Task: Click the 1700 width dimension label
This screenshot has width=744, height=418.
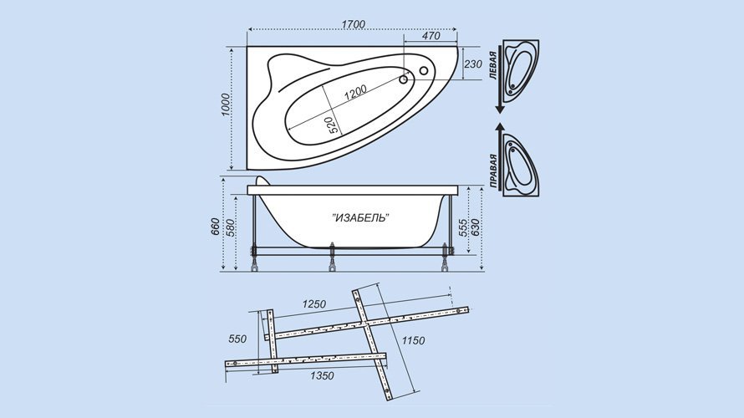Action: pyautogui.click(x=353, y=24)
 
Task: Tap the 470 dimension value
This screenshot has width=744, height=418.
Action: pyautogui.click(x=431, y=36)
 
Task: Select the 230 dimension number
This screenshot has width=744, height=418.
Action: pyautogui.click(x=472, y=64)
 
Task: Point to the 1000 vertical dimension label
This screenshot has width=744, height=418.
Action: pyautogui.click(x=226, y=104)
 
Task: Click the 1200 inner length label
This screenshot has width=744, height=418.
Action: pyautogui.click(x=354, y=92)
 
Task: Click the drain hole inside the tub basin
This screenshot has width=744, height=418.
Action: pyautogui.click(x=403, y=79)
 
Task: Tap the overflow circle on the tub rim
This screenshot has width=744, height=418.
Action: pyautogui.click(x=424, y=71)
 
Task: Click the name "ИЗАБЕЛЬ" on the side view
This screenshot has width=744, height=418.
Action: pyautogui.click(x=359, y=217)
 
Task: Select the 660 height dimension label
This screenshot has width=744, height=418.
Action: pyautogui.click(x=215, y=227)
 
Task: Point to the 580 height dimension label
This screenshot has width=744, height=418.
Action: pyautogui.click(x=230, y=227)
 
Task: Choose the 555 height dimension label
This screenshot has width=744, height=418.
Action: pyautogui.click(x=462, y=227)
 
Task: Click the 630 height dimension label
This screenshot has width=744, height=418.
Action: pyautogui.click(x=476, y=227)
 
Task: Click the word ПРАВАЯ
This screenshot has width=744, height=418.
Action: pyautogui.click(x=493, y=171)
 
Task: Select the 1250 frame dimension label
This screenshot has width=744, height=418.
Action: pyautogui.click(x=314, y=303)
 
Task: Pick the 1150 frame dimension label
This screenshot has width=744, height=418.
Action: pyautogui.click(x=413, y=340)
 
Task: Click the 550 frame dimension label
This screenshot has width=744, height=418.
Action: pyautogui.click(x=237, y=339)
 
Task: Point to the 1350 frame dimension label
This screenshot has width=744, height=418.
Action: pyautogui.click(x=322, y=375)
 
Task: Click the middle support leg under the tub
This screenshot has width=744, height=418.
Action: pyautogui.click(x=332, y=257)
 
